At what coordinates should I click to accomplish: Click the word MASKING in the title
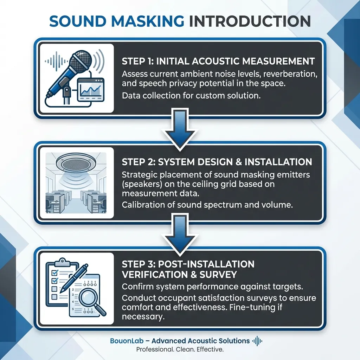[x=148, y=21]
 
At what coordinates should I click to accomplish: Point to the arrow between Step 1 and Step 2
[x=180, y=130]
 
